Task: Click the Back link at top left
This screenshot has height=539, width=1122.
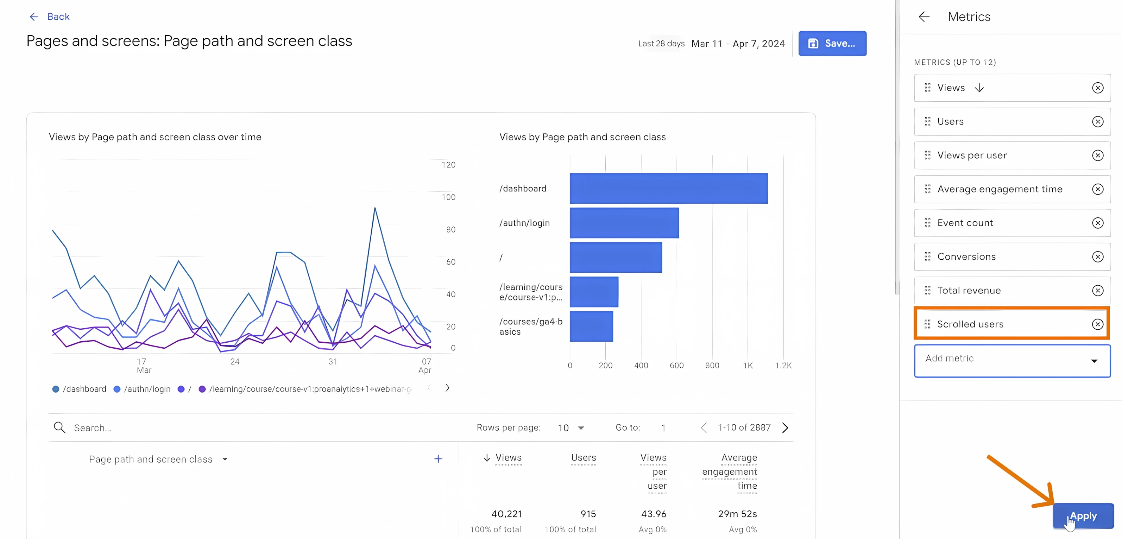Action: tap(50, 17)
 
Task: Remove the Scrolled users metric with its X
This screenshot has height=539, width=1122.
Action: tap(1098, 324)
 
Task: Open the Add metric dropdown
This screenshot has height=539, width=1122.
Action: tap(1012, 361)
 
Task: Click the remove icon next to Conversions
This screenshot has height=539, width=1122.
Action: tap(1098, 257)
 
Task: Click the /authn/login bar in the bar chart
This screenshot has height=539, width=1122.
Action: tap(624, 223)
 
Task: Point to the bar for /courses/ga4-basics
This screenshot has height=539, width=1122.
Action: tap(591, 326)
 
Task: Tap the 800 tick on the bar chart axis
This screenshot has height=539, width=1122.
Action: tap(712, 366)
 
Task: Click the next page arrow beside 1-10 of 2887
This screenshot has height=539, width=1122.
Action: tap(785, 428)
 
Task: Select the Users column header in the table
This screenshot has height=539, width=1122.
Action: tap(583, 458)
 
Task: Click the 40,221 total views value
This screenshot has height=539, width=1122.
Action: tap(506, 514)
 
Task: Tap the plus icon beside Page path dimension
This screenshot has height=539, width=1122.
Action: tap(438, 459)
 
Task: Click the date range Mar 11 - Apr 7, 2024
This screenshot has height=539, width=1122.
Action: tap(737, 44)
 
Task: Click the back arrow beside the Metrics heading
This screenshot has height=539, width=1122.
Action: tap(924, 17)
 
